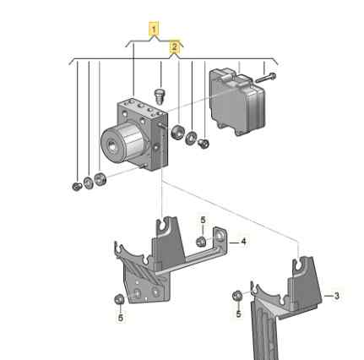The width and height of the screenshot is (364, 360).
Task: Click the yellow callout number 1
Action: coord(154,29)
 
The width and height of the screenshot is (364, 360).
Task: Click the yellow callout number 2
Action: coord(175,46)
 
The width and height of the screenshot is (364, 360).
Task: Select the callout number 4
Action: coord(243,242)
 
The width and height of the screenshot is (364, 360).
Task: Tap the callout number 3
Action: coord(336,296)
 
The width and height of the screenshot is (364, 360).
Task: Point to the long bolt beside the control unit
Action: coord(266,78)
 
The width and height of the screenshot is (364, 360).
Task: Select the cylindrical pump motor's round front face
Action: coord(112,145)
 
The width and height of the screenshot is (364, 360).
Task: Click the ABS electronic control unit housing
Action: coord(237,101)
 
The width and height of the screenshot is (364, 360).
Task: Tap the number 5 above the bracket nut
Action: coord(203,221)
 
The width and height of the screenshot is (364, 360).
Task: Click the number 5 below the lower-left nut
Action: coord(121,318)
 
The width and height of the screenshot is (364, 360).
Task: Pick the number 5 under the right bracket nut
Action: coord(238,314)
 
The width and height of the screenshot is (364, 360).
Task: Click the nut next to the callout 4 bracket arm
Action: coord(200,242)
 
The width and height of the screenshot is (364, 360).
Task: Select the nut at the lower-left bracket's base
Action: coord(119,299)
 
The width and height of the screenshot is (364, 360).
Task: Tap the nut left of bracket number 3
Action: coord(237,296)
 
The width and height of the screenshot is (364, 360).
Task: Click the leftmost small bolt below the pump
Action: coord(77,186)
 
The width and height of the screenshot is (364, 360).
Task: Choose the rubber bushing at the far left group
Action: coord(100,179)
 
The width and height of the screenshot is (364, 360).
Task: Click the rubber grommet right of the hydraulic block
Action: coord(177,132)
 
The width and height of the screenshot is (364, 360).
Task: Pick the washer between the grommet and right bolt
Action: coord(191,138)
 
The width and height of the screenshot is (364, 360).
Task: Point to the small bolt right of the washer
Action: coord(204,144)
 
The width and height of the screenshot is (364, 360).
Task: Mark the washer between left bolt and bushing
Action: coord(89,183)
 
